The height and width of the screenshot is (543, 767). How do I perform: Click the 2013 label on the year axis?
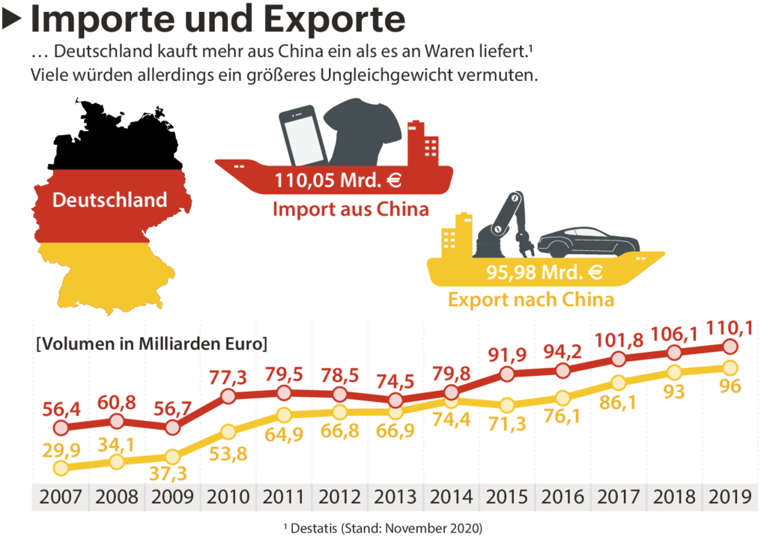(395, 497)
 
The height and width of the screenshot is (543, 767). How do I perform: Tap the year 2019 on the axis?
(730, 497)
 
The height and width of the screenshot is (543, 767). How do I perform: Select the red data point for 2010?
(228, 397)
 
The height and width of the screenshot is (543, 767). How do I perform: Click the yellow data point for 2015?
(507, 405)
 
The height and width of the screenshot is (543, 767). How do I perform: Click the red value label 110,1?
(729, 327)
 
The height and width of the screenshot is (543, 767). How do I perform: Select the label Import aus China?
(351, 209)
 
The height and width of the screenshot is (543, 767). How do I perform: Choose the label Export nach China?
(531, 300)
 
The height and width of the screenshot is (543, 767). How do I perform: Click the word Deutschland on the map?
(109, 201)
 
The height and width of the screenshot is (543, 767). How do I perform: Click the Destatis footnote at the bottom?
(383, 529)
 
